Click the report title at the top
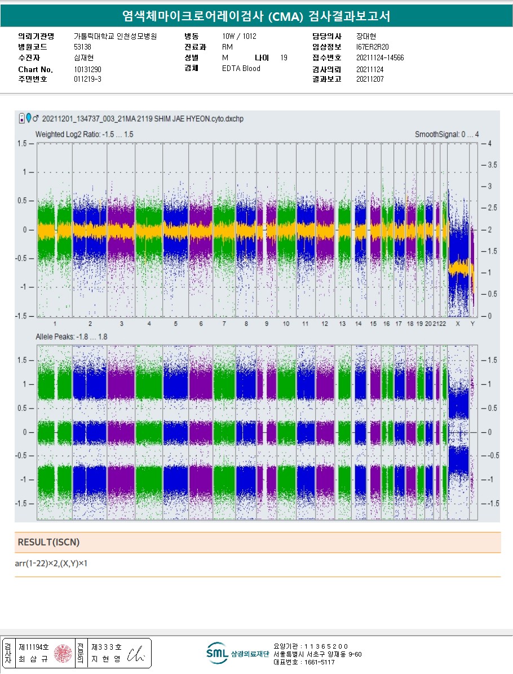tap(256, 16)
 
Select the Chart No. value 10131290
tap(87, 69)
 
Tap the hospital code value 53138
tap(82, 47)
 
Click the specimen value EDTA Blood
tap(241, 69)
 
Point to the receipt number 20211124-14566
tap(380, 57)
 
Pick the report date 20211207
tap(370, 79)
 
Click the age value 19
tap(284, 57)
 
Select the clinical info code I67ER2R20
tap(373, 47)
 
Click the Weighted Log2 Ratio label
tap(84, 135)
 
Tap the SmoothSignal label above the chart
tap(446, 135)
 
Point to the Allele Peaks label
tap(71, 336)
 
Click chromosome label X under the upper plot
tap(458, 324)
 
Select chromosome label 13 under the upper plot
tap(342, 324)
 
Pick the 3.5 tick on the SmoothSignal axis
tap(492, 165)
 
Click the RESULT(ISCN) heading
tap(49, 542)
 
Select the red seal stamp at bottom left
tap(63, 653)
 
